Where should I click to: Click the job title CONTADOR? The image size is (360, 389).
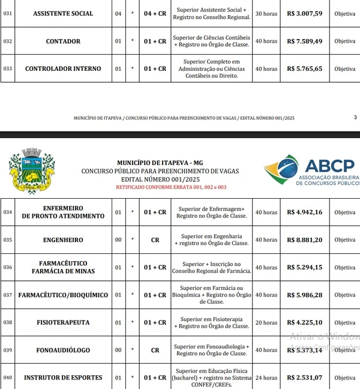coord(63,41)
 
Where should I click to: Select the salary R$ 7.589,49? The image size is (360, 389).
coord(305,41)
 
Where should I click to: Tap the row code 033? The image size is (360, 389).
coord(8,68)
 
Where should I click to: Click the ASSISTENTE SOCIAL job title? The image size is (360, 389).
coord(63,13)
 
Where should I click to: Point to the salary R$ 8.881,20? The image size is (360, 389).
coord(305,240)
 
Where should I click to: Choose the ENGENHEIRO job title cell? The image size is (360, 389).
coord(63,240)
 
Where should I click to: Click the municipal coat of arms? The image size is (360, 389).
coord(31,172)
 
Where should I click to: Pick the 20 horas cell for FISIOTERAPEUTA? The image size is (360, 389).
coord(266,322)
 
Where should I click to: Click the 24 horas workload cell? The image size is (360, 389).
coord(266,378)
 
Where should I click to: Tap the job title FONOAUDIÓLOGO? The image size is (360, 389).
coord(63,350)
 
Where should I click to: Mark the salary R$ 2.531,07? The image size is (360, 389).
coord(305,378)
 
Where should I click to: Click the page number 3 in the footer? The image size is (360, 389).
coord(355,118)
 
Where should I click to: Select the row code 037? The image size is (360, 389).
coord(8,295)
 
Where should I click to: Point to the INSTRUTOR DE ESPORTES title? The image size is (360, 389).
coord(63,378)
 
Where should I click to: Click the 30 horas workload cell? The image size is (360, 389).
coord(266,13)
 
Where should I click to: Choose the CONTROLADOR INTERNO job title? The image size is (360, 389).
coord(63,68)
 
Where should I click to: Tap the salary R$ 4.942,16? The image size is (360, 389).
coord(305,212)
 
